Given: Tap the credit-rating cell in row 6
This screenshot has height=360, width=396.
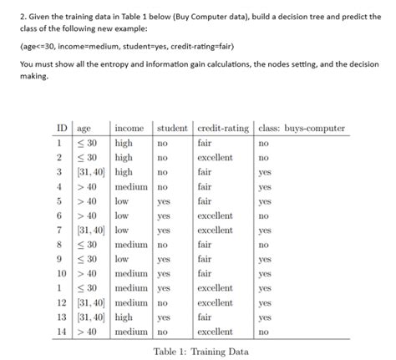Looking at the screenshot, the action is [215, 215].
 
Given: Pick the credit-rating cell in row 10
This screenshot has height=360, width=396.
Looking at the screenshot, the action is [205, 273].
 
